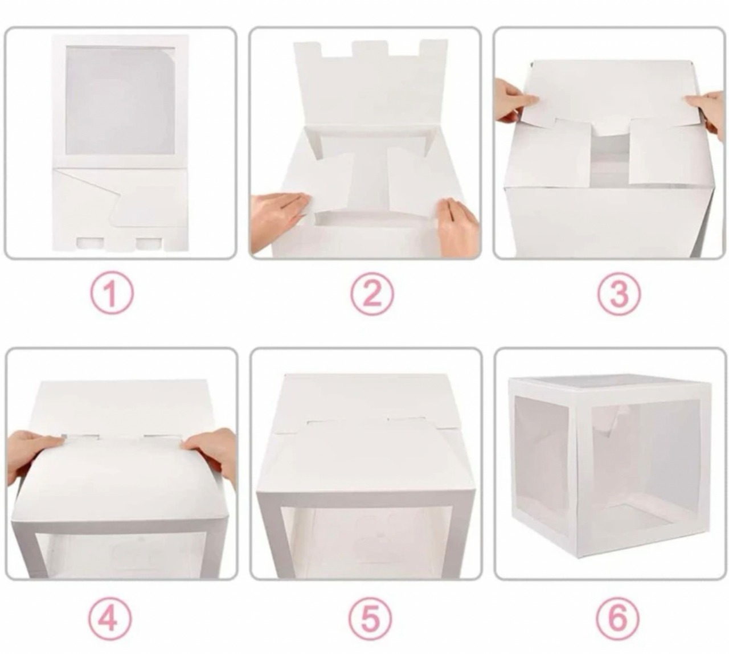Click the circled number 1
point(112,295)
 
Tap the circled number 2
point(372,295)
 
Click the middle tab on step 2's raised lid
point(371,50)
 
